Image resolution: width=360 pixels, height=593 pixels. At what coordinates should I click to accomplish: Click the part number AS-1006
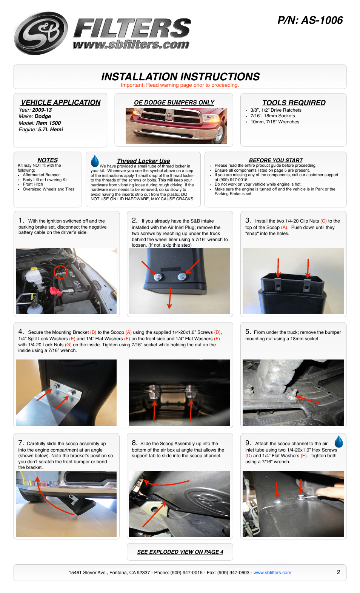322,20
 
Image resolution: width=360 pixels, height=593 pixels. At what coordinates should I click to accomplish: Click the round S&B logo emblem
41,33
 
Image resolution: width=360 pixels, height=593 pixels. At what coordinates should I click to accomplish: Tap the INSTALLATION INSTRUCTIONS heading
180,77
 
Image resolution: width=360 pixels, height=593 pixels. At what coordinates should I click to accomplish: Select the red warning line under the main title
180,85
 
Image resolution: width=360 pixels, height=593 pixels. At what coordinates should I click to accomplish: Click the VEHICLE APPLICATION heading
61,103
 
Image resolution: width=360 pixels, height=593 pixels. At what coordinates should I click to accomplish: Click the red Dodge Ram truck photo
176,126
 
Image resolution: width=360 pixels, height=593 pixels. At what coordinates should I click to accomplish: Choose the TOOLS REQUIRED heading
294,103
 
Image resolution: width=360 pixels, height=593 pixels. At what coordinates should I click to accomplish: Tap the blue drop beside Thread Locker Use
95,161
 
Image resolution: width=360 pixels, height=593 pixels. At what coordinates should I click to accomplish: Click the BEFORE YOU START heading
275,160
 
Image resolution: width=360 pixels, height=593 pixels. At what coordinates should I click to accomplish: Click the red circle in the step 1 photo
60,272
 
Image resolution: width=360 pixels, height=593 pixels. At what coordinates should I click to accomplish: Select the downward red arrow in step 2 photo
170,298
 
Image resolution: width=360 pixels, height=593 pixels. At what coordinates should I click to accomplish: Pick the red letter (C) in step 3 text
323,221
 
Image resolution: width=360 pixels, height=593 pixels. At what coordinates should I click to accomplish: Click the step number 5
248,332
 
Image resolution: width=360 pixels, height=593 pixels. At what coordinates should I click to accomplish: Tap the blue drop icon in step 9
339,442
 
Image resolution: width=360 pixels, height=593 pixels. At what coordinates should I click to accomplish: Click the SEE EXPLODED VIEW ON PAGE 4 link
180,552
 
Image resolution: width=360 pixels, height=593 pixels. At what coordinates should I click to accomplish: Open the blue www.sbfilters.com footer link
272,573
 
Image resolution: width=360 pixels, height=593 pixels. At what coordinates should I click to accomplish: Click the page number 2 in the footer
338,572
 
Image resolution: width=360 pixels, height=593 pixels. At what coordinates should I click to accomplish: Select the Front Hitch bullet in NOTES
33,184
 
